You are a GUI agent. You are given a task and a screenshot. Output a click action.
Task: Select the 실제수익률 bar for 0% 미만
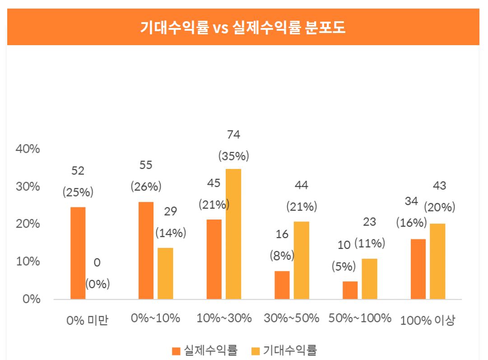pyautogui.click(x=78, y=253)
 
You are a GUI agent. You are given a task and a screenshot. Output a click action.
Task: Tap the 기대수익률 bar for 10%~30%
pyautogui.click(x=233, y=234)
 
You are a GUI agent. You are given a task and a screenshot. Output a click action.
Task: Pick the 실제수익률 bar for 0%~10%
pyautogui.click(x=146, y=250)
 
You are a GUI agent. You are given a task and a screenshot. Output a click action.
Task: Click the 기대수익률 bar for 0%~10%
pyautogui.click(x=165, y=273)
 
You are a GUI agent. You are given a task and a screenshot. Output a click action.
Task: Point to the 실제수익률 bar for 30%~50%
pyautogui.click(x=282, y=285)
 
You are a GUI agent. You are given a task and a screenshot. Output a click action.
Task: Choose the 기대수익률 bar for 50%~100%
pyautogui.click(x=369, y=279)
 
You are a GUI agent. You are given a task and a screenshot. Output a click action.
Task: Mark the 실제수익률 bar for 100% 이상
pyautogui.click(x=418, y=269)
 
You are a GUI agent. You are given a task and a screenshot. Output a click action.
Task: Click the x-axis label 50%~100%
pyautogui.click(x=360, y=318)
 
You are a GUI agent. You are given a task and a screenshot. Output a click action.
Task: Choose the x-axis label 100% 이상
pyautogui.click(x=428, y=321)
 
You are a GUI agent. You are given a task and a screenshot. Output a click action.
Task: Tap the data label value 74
pyautogui.click(x=233, y=135)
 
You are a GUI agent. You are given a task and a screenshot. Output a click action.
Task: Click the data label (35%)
pyautogui.click(x=233, y=156)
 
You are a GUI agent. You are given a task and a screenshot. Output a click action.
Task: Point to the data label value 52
pyautogui.click(x=78, y=171)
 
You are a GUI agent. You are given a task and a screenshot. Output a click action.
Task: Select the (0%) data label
pyautogui.click(x=98, y=284)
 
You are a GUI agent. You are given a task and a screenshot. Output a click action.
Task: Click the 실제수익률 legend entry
pyautogui.click(x=205, y=350)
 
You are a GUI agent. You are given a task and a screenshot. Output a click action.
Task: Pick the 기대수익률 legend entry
pyautogui.click(x=284, y=350)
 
